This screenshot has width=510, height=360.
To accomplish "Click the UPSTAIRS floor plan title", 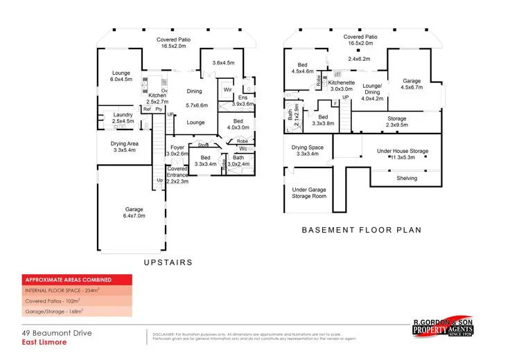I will (x=167, y=262).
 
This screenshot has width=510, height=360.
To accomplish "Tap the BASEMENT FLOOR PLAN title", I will (x=361, y=230).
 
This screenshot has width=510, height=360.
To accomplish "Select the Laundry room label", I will (x=122, y=118).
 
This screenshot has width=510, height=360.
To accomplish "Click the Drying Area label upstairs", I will (x=123, y=146).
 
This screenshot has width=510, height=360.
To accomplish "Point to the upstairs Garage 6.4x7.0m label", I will (x=134, y=213).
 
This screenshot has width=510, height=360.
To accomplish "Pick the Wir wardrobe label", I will (x=227, y=90).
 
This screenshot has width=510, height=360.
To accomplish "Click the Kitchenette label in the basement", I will (x=342, y=86).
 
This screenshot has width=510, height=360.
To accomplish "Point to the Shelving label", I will (x=407, y=178).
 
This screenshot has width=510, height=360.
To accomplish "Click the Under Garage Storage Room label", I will (x=308, y=192).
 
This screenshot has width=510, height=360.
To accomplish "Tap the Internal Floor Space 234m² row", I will (x=63, y=291).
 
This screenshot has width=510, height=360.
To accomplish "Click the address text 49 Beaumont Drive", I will (x=56, y=333).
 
